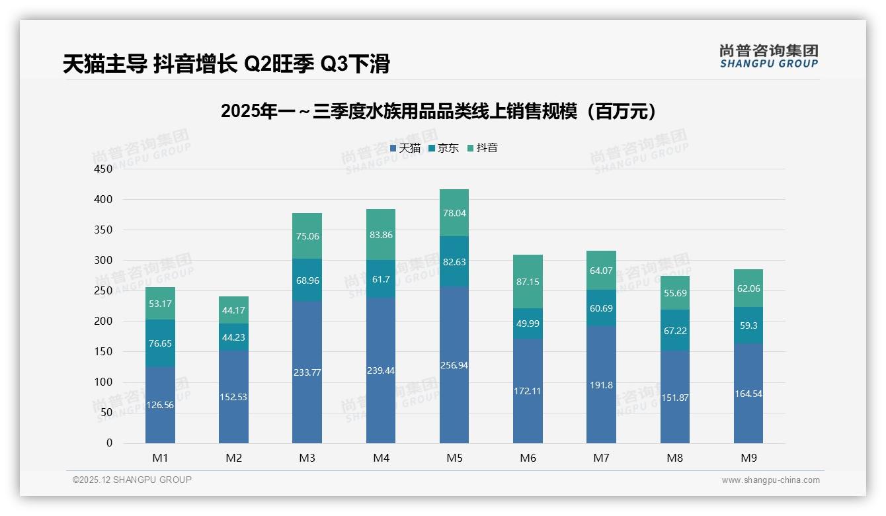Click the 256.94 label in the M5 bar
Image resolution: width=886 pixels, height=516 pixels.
(454, 365)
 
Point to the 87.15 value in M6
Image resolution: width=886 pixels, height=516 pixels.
(528, 282)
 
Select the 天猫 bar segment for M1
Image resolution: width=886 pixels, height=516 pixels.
(160, 405)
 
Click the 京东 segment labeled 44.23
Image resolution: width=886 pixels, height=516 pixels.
(233, 337)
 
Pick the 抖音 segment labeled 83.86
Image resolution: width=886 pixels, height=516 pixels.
(381, 235)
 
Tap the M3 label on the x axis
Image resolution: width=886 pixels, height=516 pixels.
(307, 458)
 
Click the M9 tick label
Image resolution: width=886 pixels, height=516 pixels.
(748, 458)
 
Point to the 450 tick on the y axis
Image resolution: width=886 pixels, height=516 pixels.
(103, 169)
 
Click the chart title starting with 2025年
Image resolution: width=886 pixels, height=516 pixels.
(439, 111)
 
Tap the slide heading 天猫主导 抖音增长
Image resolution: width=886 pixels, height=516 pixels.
(225, 64)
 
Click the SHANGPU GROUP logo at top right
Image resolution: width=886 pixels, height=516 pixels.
(768, 56)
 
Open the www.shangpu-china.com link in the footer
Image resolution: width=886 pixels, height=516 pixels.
(770, 480)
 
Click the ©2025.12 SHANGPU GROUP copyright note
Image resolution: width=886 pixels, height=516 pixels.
(132, 480)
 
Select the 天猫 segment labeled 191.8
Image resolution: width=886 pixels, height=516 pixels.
(601, 385)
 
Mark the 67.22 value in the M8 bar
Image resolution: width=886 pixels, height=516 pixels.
(674, 330)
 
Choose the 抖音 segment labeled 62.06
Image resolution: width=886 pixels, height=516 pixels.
(748, 288)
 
